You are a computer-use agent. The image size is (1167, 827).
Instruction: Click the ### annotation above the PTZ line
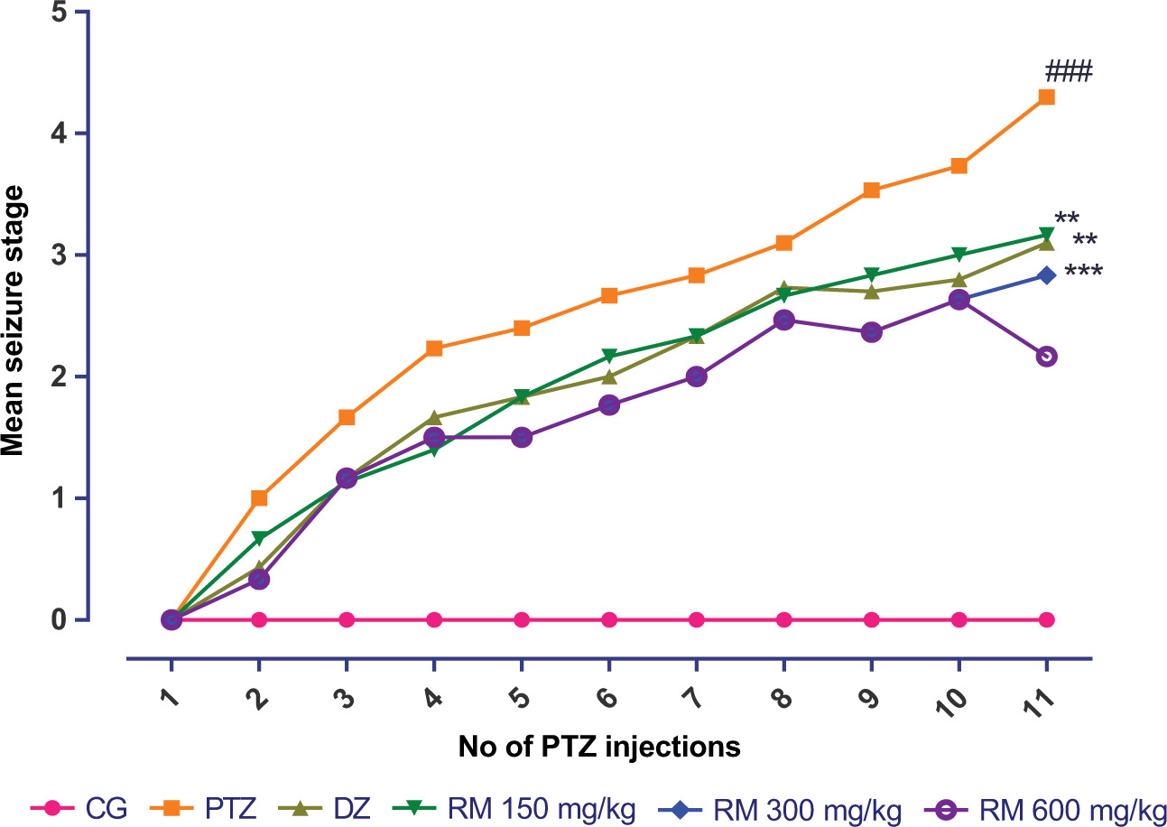tap(1069, 71)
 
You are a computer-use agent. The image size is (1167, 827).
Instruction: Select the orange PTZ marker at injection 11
tap(1046, 97)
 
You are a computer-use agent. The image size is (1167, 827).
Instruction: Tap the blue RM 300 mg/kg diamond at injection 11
tap(1046, 274)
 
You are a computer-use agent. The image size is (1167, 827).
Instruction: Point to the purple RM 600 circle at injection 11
tap(1046, 356)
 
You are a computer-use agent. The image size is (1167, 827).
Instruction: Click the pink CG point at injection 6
tap(609, 619)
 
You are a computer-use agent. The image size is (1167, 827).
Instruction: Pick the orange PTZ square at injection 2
tap(259, 497)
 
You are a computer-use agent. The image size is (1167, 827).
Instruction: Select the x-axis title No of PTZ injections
tap(599, 748)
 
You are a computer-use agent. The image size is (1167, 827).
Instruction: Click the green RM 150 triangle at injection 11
tap(1046, 236)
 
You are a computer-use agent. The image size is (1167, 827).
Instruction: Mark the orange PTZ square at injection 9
tap(871, 190)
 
